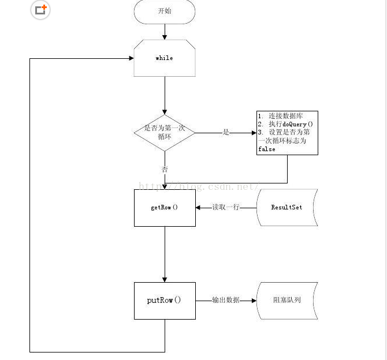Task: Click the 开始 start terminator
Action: (x=165, y=12)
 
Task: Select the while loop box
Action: (x=165, y=58)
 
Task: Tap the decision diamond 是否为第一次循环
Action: (x=165, y=133)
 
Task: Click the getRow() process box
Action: (x=165, y=208)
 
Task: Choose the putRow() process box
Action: (x=165, y=301)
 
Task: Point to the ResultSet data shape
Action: (x=287, y=207)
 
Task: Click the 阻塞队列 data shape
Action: (x=287, y=301)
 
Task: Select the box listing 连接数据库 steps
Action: (x=287, y=133)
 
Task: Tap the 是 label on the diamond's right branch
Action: (x=226, y=133)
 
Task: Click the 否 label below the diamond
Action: (x=165, y=170)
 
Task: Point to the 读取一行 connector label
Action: (x=226, y=207)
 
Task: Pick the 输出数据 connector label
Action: (x=226, y=300)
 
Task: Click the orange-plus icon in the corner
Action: (x=40, y=10)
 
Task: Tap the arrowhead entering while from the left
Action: (x=131, y=58)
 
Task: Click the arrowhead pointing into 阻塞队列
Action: (x=254, y=301)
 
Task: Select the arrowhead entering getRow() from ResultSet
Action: (x=198, y=208)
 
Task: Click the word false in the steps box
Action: (x=267, y=149)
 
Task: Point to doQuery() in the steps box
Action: (x=297, y=124)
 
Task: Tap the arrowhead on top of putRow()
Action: (x=165, y=280)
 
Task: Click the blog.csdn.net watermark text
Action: (x=199, y=187)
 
